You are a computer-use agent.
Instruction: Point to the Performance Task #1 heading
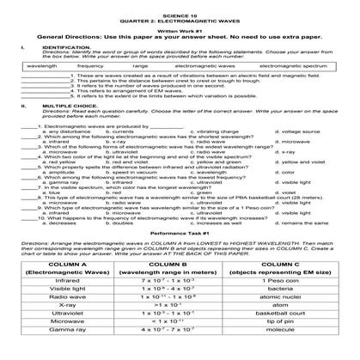180,232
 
